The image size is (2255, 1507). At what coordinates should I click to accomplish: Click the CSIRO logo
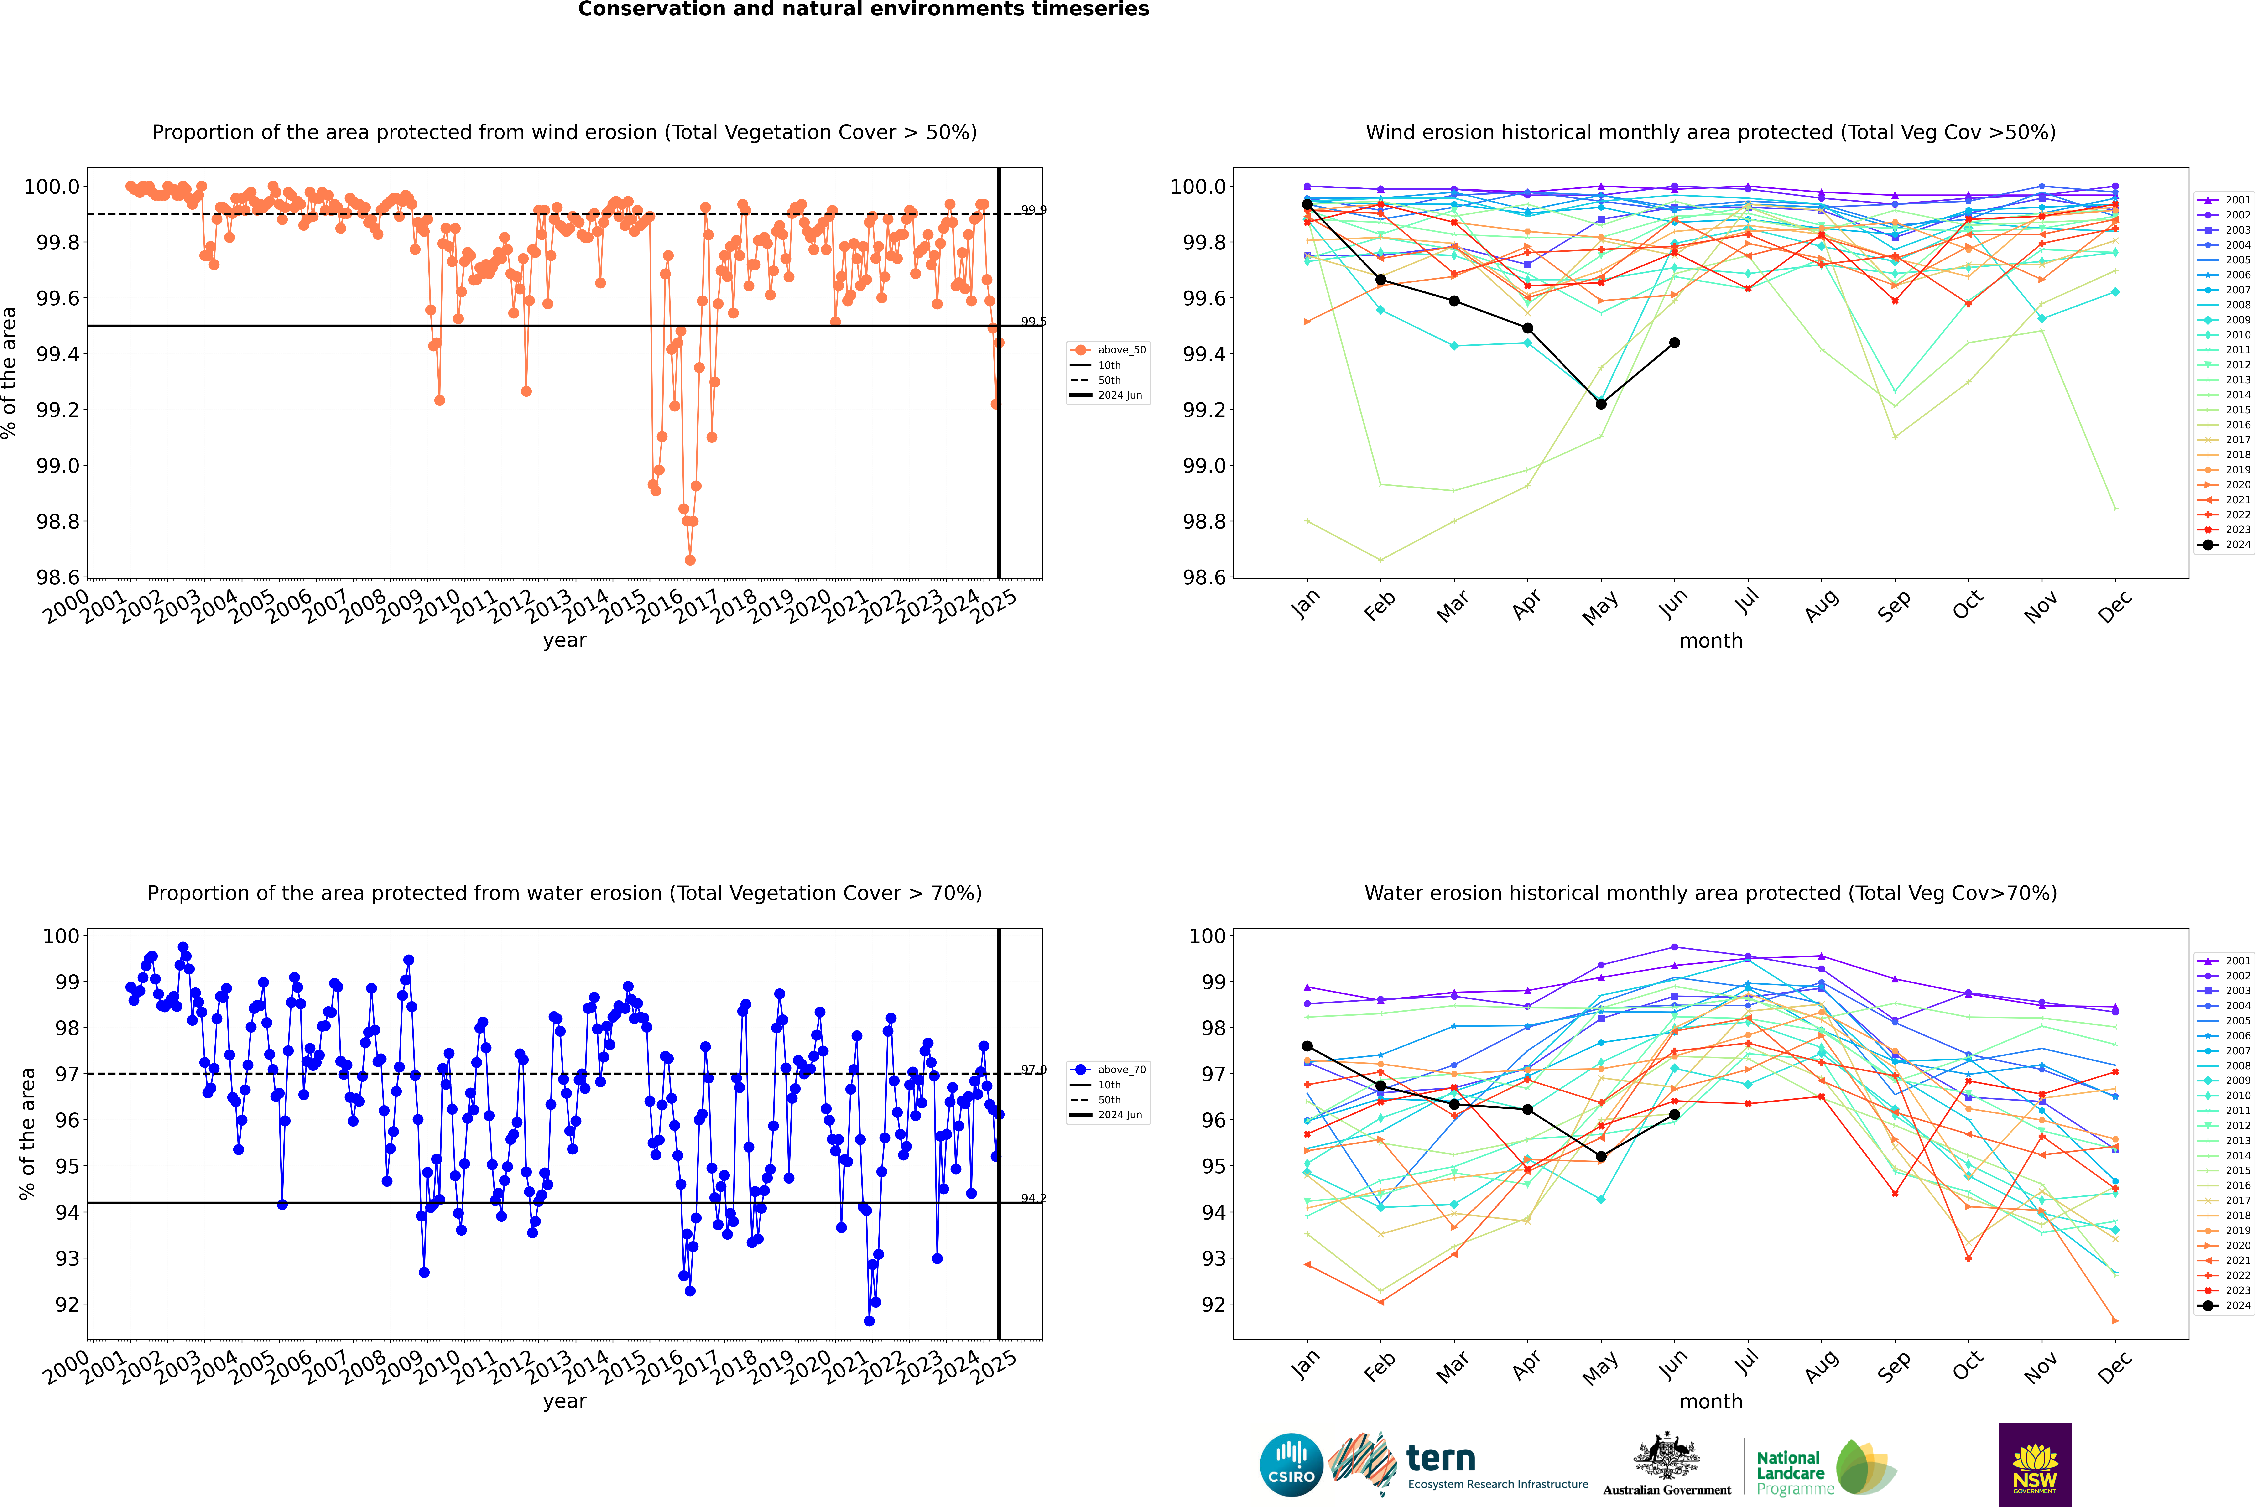[1291, 1465]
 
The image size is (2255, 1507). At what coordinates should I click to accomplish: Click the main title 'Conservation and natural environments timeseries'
[863, 10]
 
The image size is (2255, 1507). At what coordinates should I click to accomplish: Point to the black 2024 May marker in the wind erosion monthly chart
[1600, 404]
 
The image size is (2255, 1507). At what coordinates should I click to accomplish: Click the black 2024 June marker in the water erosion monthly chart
[1674, 1115]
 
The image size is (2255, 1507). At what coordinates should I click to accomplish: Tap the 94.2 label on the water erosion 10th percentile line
[1033, 1199]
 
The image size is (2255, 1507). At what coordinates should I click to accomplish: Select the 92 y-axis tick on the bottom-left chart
[67, 1304]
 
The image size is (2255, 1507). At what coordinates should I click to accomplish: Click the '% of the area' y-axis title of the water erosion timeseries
[27, 1134]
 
